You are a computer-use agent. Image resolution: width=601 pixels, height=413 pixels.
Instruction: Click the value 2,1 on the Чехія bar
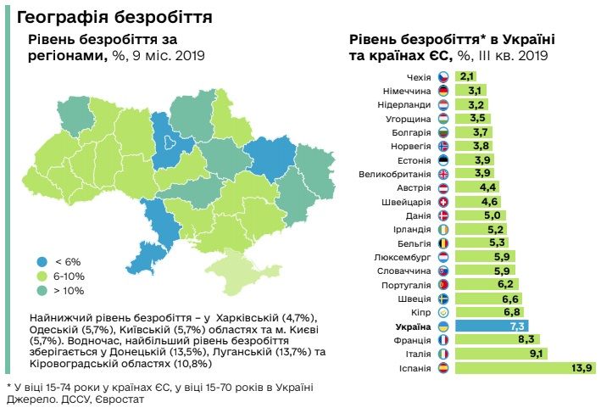(x=467, y=76)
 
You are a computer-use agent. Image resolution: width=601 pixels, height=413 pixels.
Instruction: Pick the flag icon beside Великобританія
(x=442, y=174)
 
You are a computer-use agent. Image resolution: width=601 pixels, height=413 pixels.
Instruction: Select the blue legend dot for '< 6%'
(x=42, y=261)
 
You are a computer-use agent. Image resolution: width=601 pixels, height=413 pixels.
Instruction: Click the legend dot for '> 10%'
(x=42, y=290)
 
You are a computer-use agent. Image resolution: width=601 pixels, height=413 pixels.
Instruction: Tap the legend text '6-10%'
(x=70, y=276)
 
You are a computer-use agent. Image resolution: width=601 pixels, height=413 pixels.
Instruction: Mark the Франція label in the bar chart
(x=413, y=339)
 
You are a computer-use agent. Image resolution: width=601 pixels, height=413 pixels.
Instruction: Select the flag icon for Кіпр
(x=442, y=312)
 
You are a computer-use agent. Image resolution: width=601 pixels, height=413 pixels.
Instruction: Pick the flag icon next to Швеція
(x=442, y=299)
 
